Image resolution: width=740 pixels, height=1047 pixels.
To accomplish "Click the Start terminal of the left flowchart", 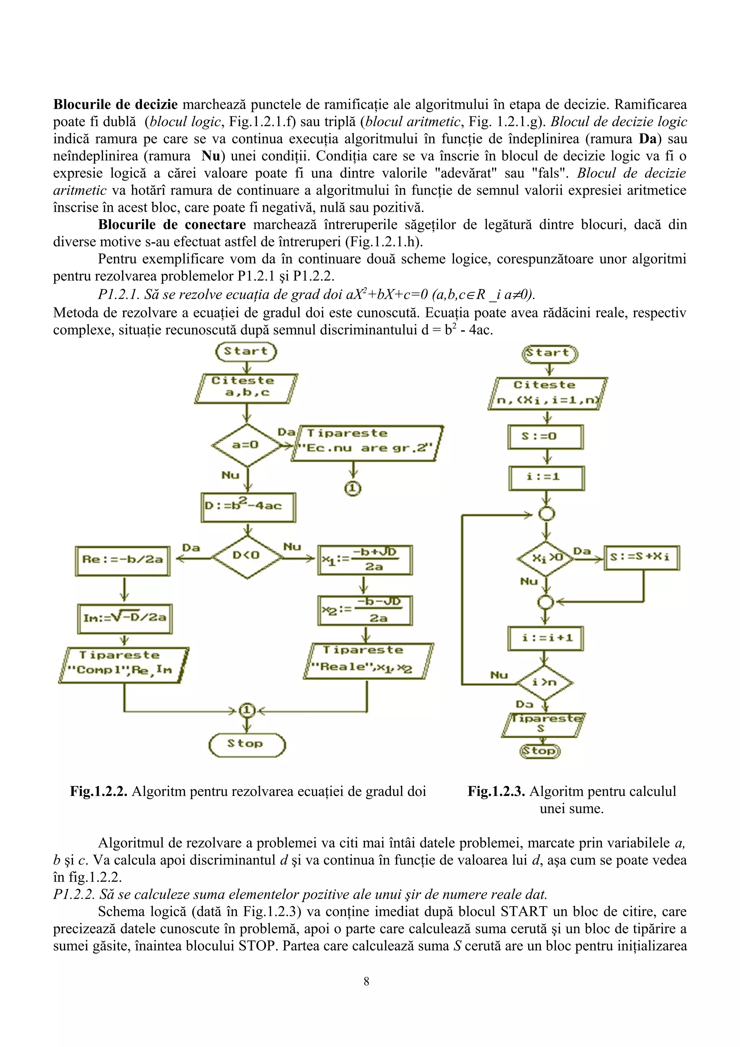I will click(x=246, y=352).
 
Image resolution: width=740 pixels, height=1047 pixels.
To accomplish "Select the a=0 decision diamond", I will click(x=246, y=445).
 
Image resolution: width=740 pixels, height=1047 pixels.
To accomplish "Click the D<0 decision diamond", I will click(x=247, y=555).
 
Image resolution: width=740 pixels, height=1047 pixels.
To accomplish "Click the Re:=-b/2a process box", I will click(x=122, y=560).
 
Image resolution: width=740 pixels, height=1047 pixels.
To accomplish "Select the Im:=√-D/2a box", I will click(x=124, y=618).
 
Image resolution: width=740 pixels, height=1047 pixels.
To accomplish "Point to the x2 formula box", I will click(x=365, y=611).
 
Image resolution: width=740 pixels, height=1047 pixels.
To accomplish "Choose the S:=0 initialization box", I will click(x=545, y=436).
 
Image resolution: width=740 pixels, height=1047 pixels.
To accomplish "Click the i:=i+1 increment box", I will click(x=546, y=638).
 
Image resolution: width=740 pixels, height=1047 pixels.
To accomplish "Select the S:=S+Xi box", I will click(x=641, y=557).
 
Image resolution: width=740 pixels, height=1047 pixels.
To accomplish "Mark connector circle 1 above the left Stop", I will click(x=247, y=710).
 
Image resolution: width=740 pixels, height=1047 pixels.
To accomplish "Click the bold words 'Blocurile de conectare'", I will click(x=172, y=224).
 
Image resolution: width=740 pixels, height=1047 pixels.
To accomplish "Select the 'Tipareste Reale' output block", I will click(x=369, y=660).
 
